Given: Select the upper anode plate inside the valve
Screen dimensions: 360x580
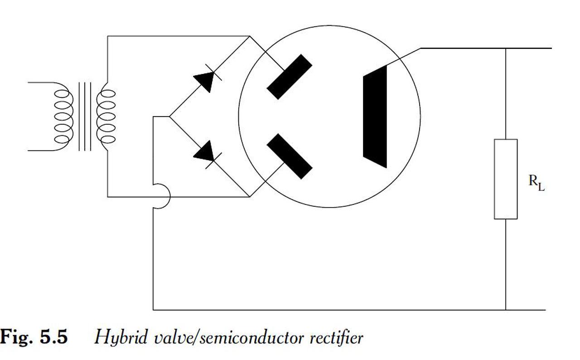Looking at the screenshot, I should point(289,77).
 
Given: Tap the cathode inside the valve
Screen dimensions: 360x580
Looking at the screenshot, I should point(375,117).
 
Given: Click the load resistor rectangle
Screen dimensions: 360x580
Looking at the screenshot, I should point(506,179).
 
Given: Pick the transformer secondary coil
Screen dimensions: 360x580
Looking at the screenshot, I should point(106,116).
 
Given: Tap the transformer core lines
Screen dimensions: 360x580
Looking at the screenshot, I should point(85,116).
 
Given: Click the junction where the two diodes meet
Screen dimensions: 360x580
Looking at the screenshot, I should point(169,117).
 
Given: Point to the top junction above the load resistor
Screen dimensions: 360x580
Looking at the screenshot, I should point(506,48).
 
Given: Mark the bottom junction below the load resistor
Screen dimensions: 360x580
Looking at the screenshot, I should point(506,310).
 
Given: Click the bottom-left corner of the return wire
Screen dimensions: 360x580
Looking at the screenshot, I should point(154,310).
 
